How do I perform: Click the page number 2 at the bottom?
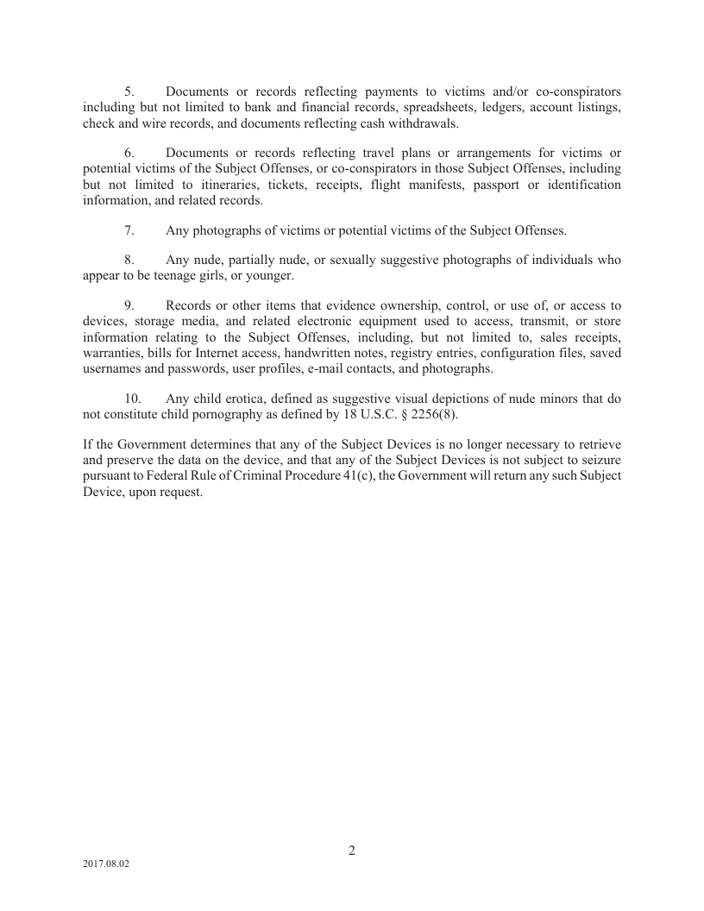click(x=352, y=850)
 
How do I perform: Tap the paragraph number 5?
click(x=129, y=91)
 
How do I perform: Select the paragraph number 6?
click(x=129, y=153)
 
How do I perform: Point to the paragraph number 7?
click(x=129, y=230)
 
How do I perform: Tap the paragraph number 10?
click(x=132, y=399)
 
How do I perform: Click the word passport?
click(x=501, y=185)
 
